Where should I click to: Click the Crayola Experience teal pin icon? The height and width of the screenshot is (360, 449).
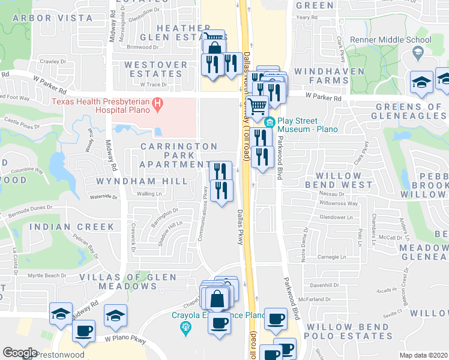[x=185, y=327]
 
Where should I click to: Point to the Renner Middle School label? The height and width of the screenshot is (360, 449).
[x=393, y=40]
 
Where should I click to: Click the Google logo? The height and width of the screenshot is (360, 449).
[x=20, y=353]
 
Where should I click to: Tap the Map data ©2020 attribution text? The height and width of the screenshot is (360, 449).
[x=424, y=355]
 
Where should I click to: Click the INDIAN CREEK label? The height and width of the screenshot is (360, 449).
[x=71, y=227]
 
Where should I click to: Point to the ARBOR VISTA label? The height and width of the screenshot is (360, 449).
[x=53, y=19]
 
